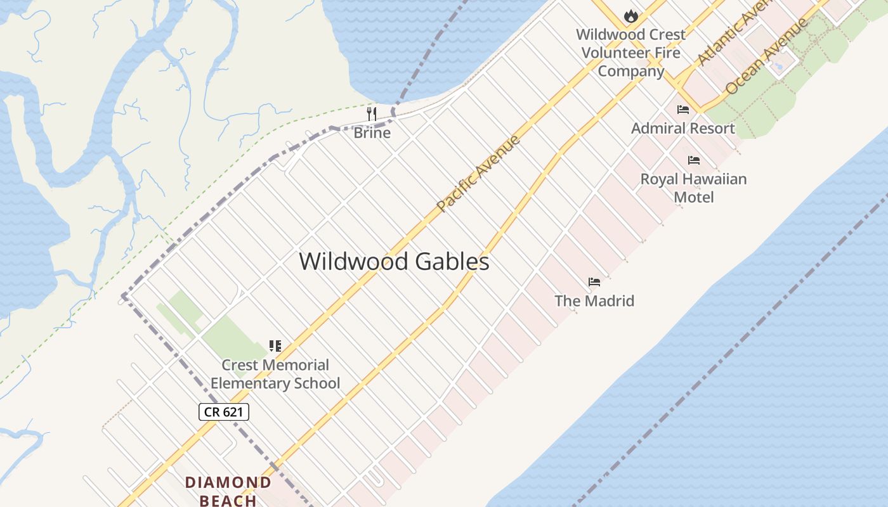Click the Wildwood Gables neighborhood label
click(x=394, y=262)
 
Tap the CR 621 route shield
click(x=224, y=412)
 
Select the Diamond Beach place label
click(x=228, y=491)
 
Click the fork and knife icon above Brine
click(x=372, y=114)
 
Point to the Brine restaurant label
click(x=372, y=133)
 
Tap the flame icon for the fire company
click(x=630, y=16)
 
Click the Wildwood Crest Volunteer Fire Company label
click(x=630, y=53)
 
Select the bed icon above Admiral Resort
click(x=682, y=110)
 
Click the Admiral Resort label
click(x=682, y=128)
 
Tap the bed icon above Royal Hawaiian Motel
click(x=693, y=160)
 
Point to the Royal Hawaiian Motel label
click(x=693, y=188)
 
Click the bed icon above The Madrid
click(x=594, y=282)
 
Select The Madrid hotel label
click(x=594, y=300)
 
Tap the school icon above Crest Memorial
click(x=275, y=346)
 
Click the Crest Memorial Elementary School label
click(x=275, y=374)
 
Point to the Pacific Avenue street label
click(x=479, y=172)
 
